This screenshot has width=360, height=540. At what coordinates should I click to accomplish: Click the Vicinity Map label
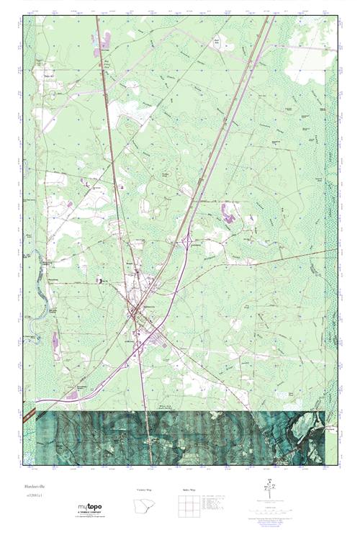[145, 490]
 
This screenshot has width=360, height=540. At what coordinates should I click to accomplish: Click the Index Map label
[184, 490]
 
